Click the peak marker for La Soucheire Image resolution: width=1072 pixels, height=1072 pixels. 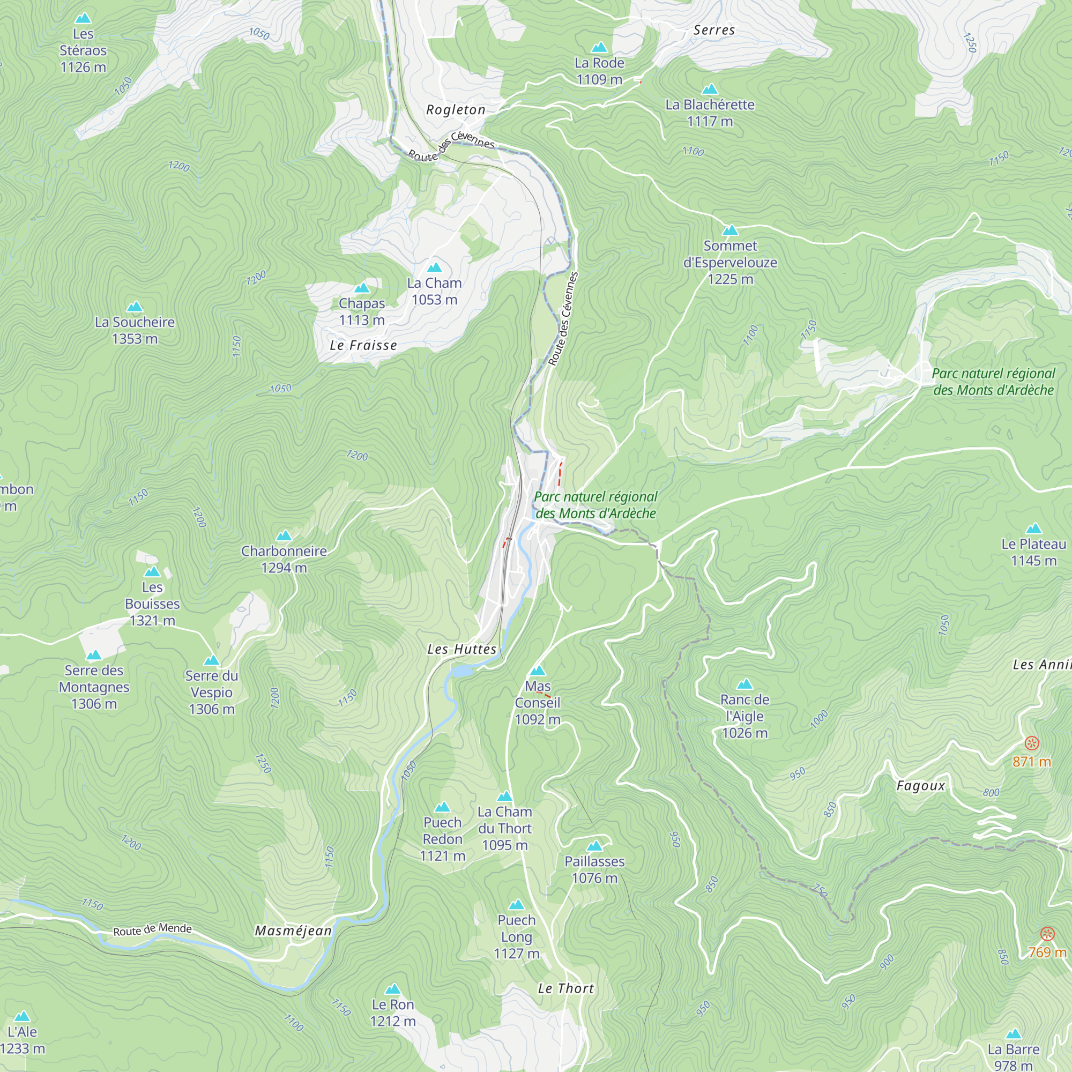[x=135, y=307]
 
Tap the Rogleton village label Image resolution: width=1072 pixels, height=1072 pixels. [x=456, y=110]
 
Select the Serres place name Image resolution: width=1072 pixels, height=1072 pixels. [x=713, y=31]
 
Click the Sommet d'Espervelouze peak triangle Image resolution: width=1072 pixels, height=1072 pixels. [x=730, y=230]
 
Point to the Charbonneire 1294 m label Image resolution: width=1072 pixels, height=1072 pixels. [x=284, y=559]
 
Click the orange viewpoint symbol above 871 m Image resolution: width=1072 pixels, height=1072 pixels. [x=1031, y=743]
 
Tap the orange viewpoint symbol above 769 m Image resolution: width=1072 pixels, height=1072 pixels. [x=1046, y=934]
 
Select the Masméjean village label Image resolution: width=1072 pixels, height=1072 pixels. [x=293, y=931]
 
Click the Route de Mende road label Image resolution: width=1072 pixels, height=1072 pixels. [x=153, y=930]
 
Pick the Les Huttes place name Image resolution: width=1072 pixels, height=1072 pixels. [x=461, y=649]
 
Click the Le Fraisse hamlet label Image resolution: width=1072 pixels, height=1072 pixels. [x=363, y=345]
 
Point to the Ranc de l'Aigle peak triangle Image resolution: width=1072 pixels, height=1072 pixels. [x=745, y=684]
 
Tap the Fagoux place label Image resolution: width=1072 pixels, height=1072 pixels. [x=920, y=786]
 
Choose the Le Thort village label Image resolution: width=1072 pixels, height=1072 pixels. [x=566, y=988]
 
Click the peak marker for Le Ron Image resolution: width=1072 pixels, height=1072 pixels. [x=393, y=989]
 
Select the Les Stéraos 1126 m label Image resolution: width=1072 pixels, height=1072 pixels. [x=83, y=50]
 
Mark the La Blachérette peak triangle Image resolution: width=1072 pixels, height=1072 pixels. [x=710, y=90]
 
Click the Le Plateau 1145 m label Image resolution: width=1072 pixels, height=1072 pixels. [x=1033, y=552]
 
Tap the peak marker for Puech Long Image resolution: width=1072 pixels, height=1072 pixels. [x=517, y=905]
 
